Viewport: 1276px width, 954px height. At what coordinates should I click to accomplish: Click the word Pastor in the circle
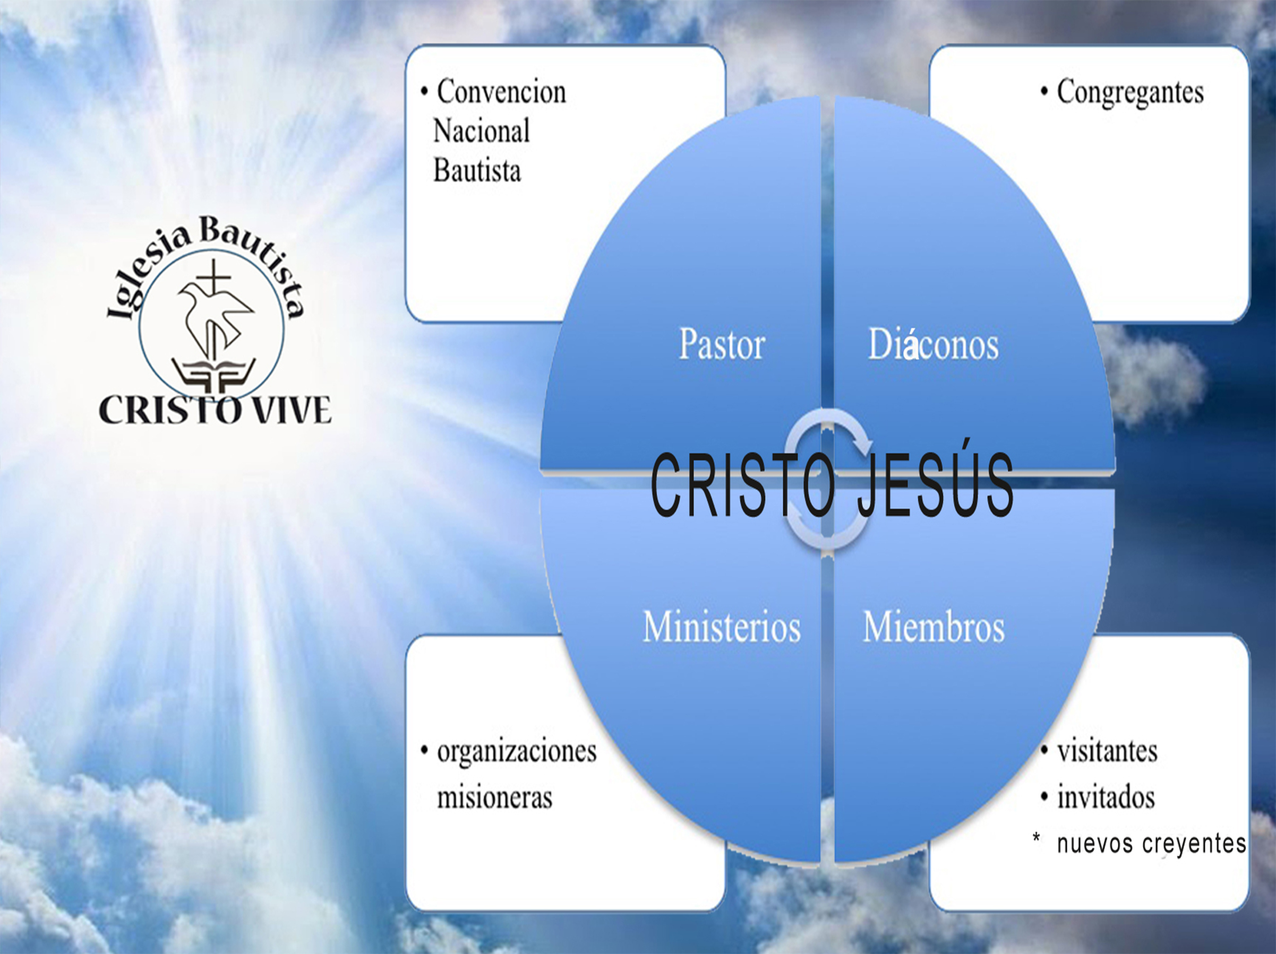click(x=722, y=345)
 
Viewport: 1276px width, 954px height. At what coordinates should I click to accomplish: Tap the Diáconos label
click(x=933, y=345)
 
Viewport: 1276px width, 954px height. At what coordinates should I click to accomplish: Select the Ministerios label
click(x=722, y=627)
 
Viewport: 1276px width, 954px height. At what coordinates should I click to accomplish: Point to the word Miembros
click(x=934, y=627)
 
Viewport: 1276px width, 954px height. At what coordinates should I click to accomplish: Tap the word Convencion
click(x=501, y=92)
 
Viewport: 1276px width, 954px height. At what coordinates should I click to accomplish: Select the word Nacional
click(x=481, y=131)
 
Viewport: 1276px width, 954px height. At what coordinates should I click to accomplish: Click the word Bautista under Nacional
click(x=476, y=171)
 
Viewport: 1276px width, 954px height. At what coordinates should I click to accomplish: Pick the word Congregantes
click(x=1129, y=92)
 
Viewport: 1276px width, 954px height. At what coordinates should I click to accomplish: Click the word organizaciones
click(x=516, y=752)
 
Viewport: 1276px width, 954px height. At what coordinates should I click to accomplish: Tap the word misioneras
click(x=494, y=798)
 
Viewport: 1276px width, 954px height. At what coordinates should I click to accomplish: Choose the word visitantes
click(x=1107, y=752)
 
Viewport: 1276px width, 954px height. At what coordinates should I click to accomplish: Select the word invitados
click(x=1105, y=798)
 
